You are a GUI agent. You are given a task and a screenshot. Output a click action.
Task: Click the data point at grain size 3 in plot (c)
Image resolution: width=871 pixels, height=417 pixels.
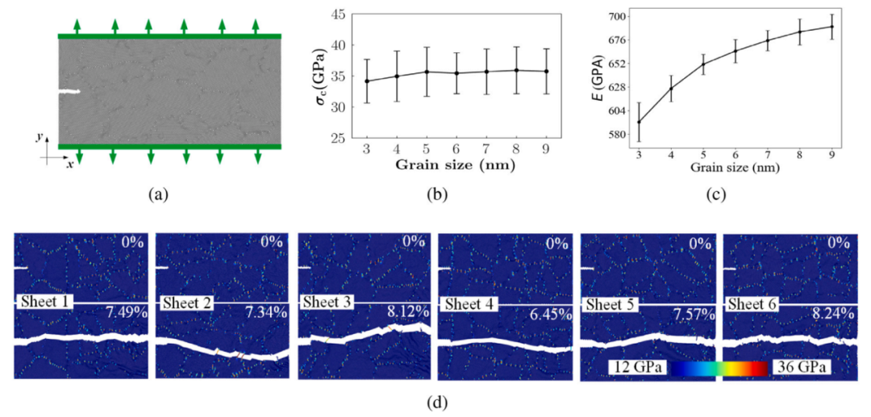(639, 122)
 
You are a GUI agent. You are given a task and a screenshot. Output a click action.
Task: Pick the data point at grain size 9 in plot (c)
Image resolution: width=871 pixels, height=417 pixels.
(831, 27)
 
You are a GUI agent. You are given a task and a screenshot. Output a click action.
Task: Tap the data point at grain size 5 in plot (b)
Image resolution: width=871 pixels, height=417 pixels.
(427, 72)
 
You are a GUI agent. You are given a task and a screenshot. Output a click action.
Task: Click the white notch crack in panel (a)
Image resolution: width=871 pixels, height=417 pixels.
(70, 92)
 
